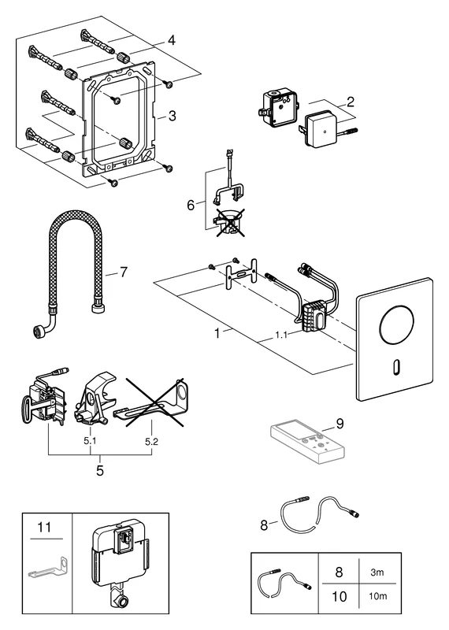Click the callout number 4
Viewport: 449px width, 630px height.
(x=171, y=39)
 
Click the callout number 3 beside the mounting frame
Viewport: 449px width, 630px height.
(x=171, y=115)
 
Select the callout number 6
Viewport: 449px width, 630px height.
(x=189, y=204)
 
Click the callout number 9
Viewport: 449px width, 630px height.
(x=340, y=423)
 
